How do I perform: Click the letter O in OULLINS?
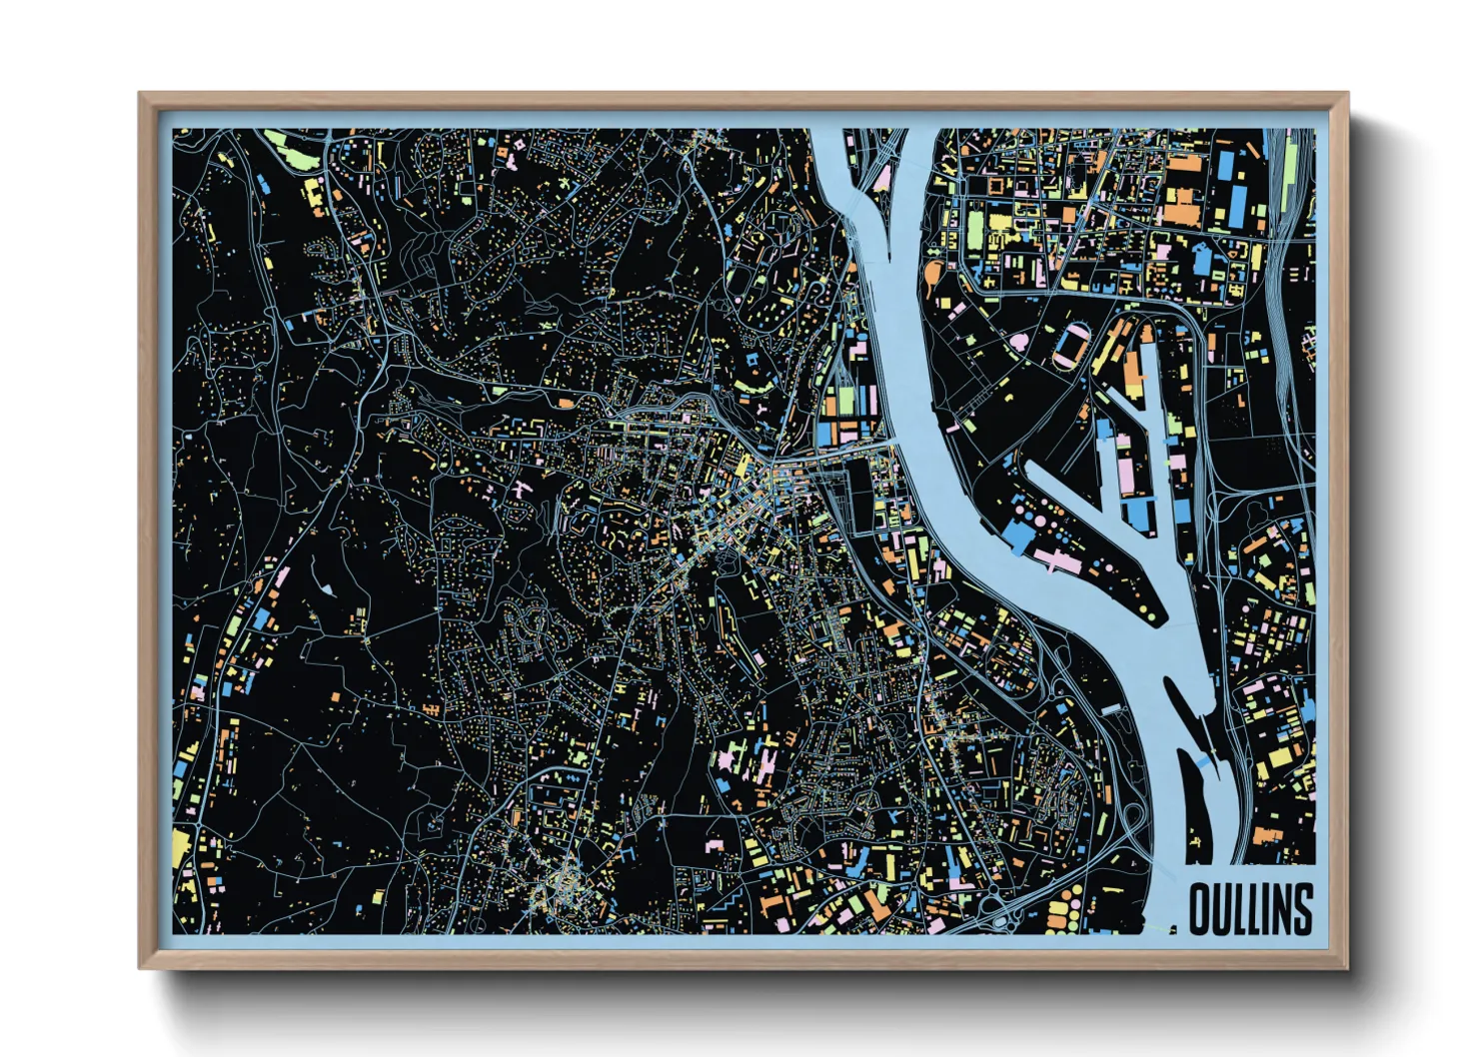point(1202,909)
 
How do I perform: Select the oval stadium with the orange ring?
point(1072,345)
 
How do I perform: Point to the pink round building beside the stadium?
point(1018,343)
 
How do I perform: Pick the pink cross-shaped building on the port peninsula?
point(1055,560)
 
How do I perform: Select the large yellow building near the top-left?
point(314,198)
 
